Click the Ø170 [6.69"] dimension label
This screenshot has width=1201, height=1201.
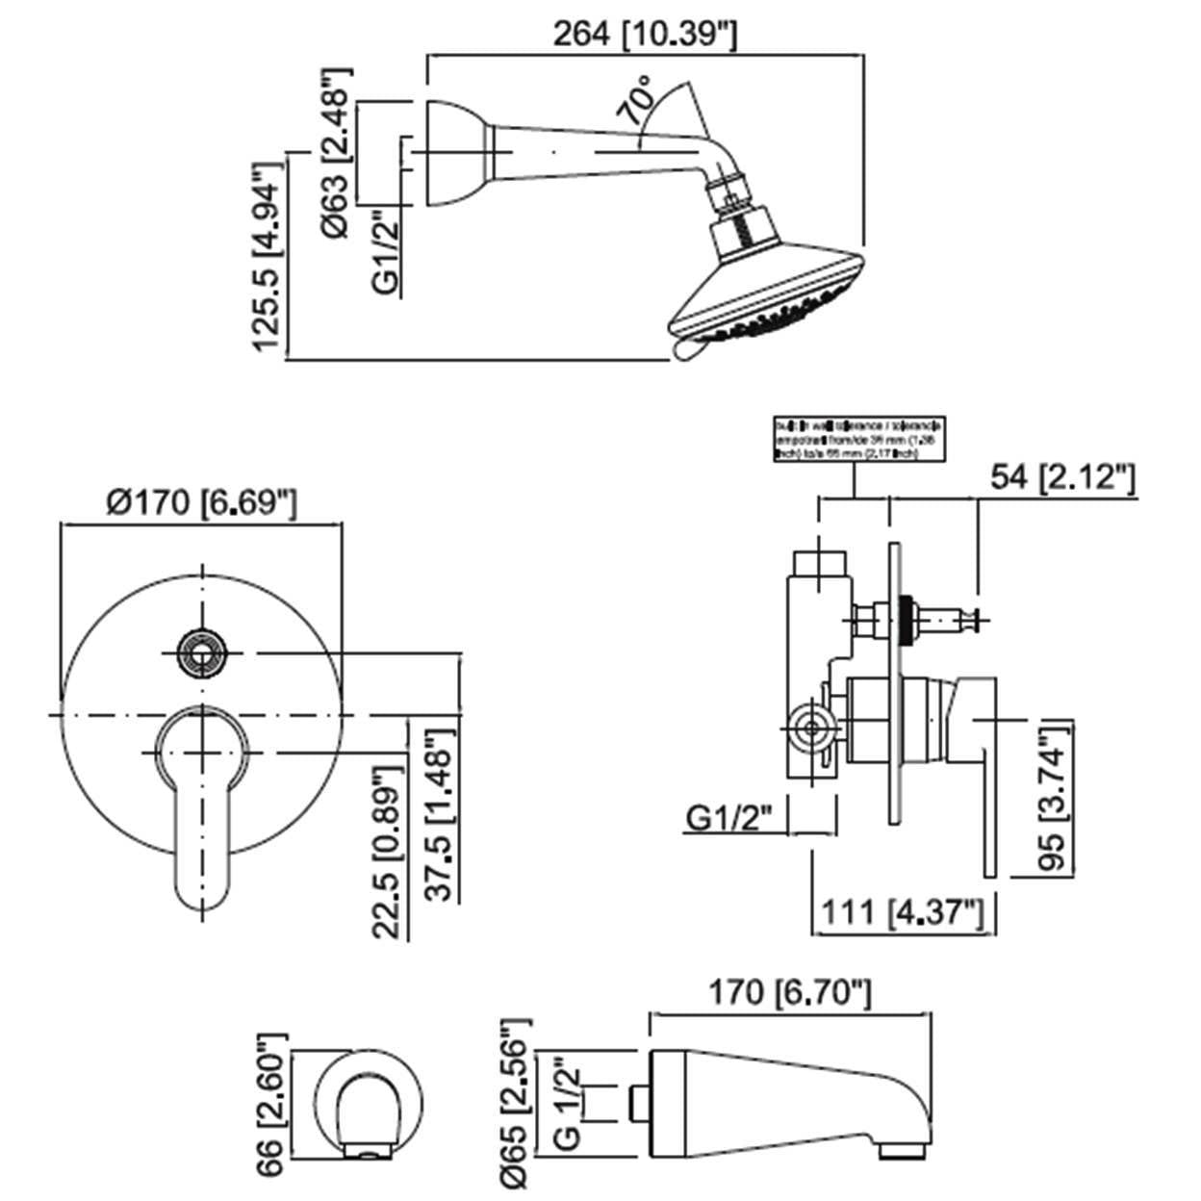click(x=201, y=501)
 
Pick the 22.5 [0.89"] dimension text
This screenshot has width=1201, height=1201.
click(x=385, y=852)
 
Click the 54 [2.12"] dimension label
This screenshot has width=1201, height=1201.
click(x=1063, y=476)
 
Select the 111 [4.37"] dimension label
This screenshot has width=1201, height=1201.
click(x=902, y=911)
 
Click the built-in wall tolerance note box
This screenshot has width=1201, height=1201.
click(x=859, y=439)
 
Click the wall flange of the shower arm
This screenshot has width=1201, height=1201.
click(x=452, y=153)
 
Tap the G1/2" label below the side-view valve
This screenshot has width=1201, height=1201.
click(x=730, y=819)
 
